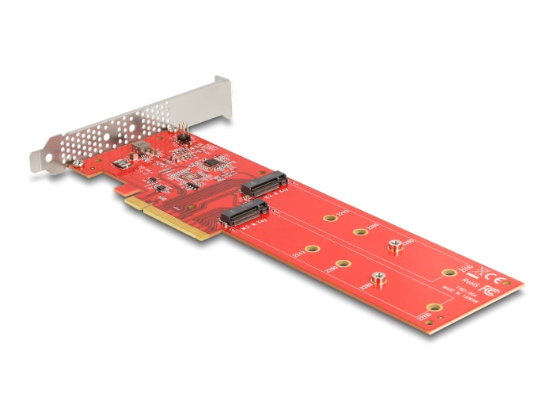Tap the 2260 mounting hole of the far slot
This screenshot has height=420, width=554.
coord(359,232)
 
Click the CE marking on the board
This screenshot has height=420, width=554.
coord(495,278)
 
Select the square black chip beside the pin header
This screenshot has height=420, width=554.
coord(211,163)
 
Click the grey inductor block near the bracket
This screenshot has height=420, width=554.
coord(142,148)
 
